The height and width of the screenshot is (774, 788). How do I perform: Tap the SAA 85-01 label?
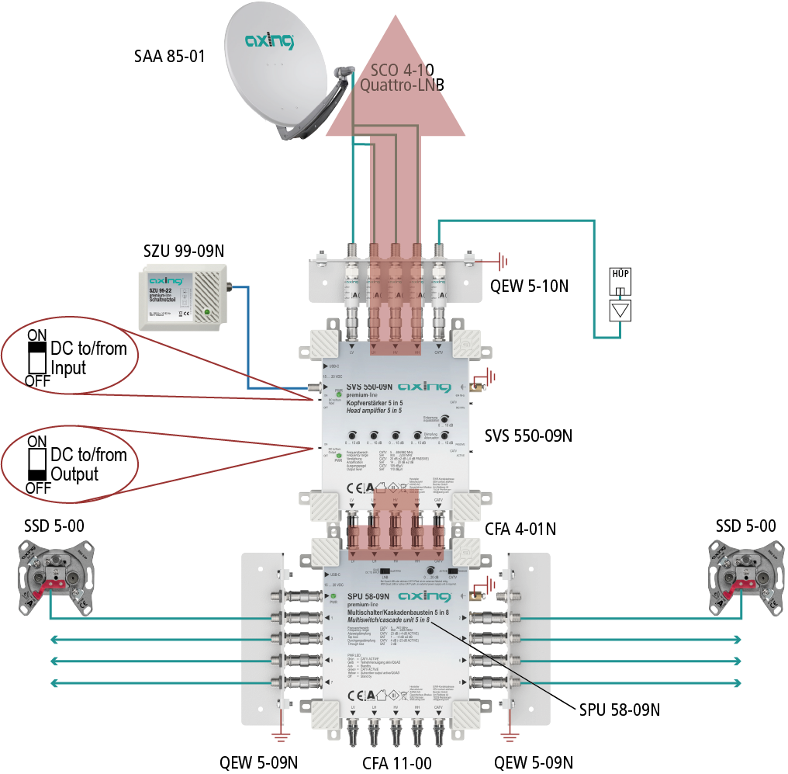169,56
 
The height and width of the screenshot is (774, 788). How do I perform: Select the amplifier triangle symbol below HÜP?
620,311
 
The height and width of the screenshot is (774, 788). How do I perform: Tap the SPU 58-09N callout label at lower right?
620,709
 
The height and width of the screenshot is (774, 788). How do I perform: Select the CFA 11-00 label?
396,762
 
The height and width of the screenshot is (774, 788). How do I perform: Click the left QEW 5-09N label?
259,762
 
